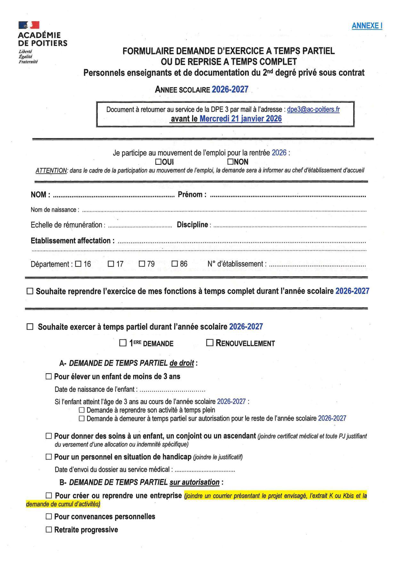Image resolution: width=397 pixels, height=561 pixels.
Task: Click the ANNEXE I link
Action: (x=367, y=26)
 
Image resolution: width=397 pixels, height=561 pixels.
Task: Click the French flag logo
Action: (x=29, y=25)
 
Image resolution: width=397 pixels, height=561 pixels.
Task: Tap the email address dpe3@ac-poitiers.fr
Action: (x=313, y=109)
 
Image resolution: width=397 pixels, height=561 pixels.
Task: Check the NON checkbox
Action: (x=231, y=162)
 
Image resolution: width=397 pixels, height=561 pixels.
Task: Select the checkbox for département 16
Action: (x=78, y=264)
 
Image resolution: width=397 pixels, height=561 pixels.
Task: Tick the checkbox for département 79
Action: (x=142, y=264)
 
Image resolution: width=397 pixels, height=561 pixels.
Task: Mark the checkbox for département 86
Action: (x=175, y=264)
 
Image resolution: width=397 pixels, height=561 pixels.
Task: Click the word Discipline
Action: (x=192, y=225)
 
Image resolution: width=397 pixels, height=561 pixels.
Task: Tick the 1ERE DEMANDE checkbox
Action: (x=123, y=343)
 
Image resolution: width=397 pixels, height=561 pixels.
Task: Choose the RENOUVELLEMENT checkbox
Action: (x=210, y=343)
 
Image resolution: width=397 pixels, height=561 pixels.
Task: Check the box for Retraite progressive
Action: (x=49, y=530)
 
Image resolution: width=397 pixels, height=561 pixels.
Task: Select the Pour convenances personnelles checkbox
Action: (x=49, y=516)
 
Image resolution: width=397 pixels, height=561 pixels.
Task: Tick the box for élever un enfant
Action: (x=49, y=376)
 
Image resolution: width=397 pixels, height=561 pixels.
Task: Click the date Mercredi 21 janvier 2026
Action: (x=240, y=119)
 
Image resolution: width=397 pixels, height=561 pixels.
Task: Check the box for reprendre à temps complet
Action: (x=30, y=291)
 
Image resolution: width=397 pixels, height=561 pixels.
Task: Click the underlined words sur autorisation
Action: (x=194, y=482)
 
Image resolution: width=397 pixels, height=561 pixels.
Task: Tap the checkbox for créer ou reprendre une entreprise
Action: (x=49, y=495)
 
